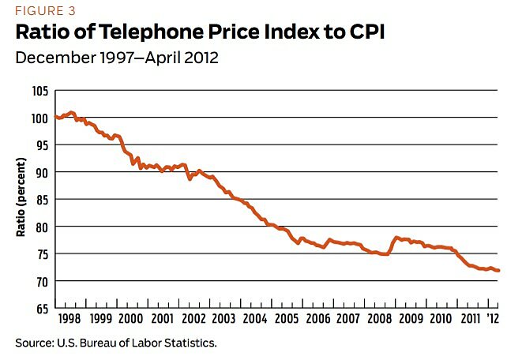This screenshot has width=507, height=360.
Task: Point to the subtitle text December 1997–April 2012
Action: click(x=116, y=59)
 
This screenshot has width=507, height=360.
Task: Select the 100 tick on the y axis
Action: click(x=39, y=118)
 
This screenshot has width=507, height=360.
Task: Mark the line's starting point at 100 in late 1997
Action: click(x=55, y=117)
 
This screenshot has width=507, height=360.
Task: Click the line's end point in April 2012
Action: click(x=498, y=271)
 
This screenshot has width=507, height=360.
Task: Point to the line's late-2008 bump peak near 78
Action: click(x=396, y=237)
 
